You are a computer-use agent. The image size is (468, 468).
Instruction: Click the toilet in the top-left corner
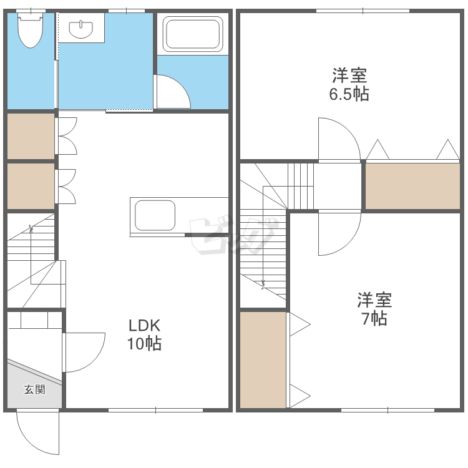pos(29,31)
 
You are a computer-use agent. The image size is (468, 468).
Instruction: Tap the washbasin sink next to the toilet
pos(81,29)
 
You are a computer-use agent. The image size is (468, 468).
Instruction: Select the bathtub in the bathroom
pos(193,34)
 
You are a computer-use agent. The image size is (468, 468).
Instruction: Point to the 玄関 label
pos(34,390)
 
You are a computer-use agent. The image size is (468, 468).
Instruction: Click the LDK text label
pos(145,325)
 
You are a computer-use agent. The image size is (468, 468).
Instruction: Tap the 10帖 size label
pos(145,343)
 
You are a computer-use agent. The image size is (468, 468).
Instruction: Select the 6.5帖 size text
pos(349,94)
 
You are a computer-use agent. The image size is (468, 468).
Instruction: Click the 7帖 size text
pos(374,318)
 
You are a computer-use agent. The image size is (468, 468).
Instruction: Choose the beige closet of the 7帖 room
pos(263,360)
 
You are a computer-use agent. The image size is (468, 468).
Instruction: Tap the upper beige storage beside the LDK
pos(31,135)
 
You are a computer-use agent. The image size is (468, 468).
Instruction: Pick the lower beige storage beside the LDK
pos(31,186)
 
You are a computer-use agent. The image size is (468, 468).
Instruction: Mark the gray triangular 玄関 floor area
pos(28,387)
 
